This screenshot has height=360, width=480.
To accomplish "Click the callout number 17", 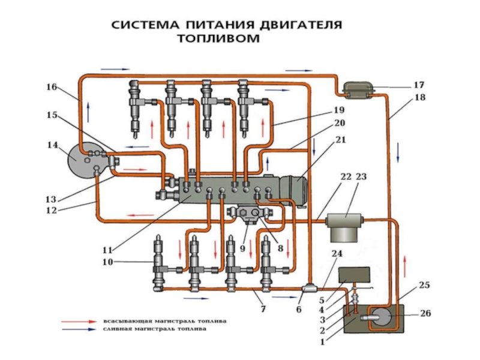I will [419, 85].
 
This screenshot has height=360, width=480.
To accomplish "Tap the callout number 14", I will [52, 145].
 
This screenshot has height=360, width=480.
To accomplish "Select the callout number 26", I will [426, 313].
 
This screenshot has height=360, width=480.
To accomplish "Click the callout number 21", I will [341, 140].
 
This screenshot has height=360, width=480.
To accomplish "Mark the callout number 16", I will [52, 87].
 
